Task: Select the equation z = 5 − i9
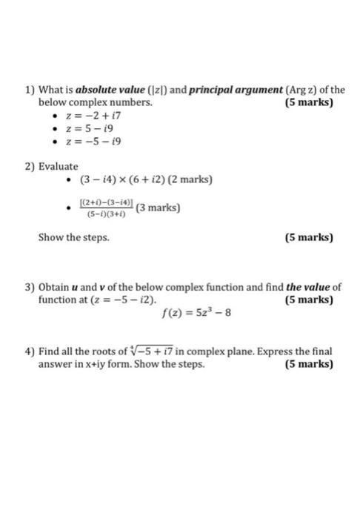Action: (87, 129)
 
